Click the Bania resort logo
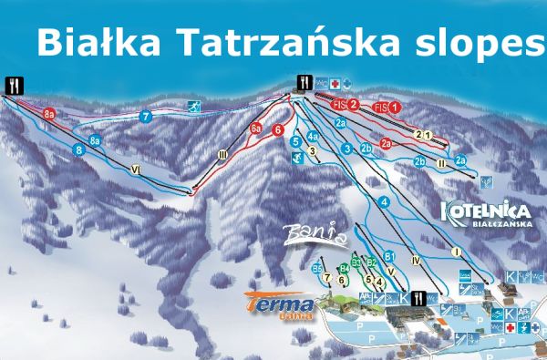(315, 235)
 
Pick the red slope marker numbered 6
(277, 129)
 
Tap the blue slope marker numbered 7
(145, 117)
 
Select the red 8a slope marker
(50, 113)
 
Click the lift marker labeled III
(222, 156)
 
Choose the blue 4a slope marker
(312, 137)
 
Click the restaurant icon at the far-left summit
(12, 84)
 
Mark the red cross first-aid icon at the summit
(334, 81)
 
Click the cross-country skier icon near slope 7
(194, 108)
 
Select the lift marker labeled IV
(415, 261)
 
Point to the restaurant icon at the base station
(418, 297)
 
